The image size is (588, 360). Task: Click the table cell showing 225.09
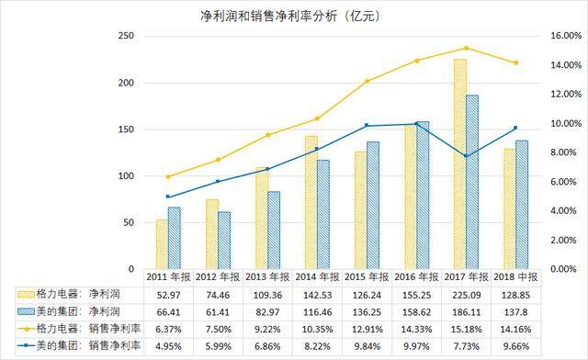[x=465, y=295]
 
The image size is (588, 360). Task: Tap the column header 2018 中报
[x=514, y=276]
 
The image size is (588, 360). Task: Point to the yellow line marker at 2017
[x=467, y=48]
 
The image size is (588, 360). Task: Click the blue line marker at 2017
[x=467, y=156]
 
